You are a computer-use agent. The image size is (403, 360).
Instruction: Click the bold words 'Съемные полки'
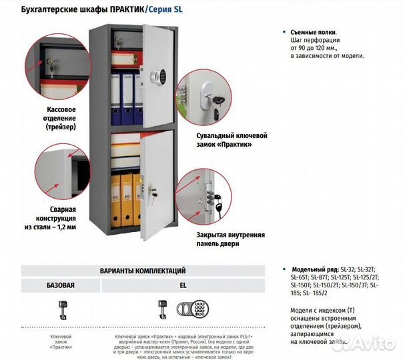[314, 32]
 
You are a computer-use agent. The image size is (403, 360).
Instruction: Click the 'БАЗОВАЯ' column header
[60, 285]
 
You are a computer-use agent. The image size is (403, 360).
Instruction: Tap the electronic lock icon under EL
[188, 308]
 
